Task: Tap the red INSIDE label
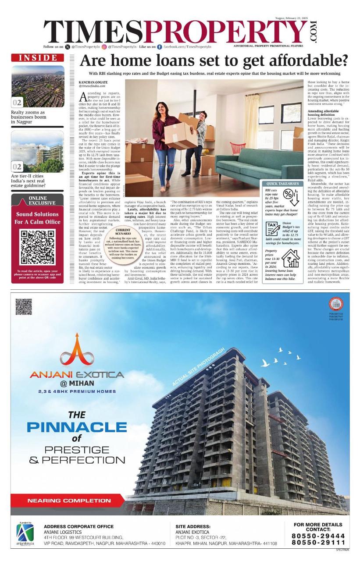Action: coord(38,58)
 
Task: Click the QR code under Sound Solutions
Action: coord(37,248)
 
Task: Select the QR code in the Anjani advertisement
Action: coord(23,306)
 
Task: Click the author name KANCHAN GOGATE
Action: coord(93,82)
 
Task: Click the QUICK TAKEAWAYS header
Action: coord(283,184)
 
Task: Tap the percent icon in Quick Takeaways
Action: coord(289,195)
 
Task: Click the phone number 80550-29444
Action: coord(318,536)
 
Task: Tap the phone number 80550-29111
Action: coord(318,543)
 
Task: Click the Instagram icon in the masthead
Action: coord(104,46)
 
